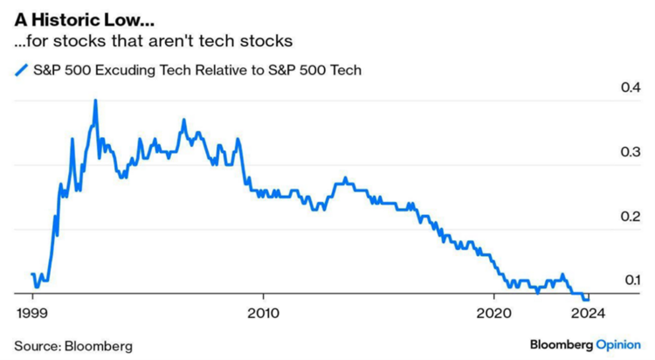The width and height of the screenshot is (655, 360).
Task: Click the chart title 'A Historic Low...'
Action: [84, 19]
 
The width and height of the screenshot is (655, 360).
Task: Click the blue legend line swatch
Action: [21, 70]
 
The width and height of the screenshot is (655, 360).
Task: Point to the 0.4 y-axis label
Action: [631, 87]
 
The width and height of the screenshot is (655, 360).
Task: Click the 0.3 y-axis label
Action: [631, 152]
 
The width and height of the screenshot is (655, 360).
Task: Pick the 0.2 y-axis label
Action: [631, 216]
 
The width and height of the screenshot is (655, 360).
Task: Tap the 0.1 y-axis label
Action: [632, 280]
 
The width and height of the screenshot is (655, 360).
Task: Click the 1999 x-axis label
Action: [32, 313]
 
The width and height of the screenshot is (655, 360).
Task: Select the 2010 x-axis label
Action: [263, 313]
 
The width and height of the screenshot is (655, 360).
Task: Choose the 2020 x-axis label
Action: [493, 313]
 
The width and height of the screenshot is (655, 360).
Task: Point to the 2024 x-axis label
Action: [588, 313]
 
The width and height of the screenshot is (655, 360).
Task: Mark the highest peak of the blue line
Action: [96, 100]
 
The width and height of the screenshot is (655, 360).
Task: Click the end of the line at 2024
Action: [588, 300]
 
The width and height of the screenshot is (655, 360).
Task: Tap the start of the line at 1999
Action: [32, 274]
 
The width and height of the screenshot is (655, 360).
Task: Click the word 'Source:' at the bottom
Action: [38, 346]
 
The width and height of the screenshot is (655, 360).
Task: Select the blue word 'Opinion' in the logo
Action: [618, 345]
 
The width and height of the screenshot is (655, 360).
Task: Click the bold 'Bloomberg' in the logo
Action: [562, 345]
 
